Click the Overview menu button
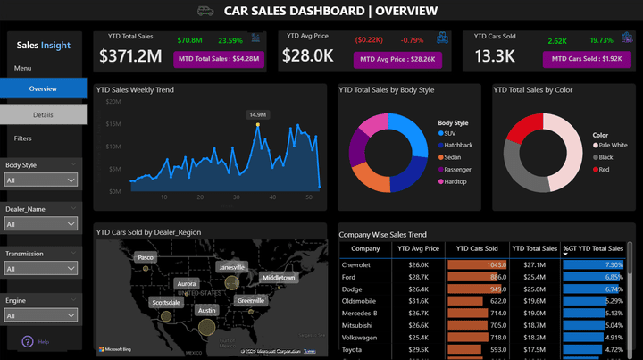43,88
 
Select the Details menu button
43,114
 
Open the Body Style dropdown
41,180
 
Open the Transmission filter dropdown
41,269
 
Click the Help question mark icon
28,341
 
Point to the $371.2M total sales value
129,56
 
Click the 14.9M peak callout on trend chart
258,114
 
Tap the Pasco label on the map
146,257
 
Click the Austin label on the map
207,310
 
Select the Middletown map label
278,278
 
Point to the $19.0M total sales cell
535,314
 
